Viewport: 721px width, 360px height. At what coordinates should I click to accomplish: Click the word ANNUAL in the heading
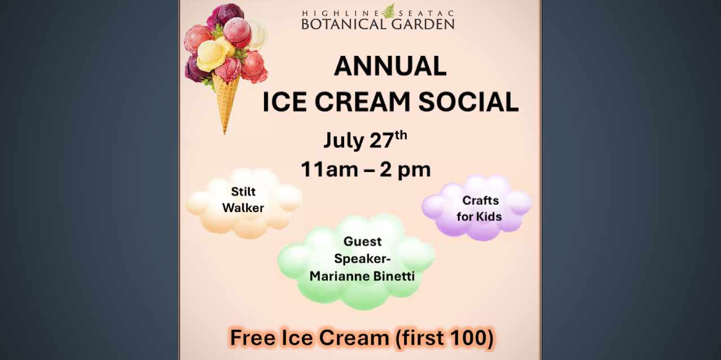click(x=390, y=67)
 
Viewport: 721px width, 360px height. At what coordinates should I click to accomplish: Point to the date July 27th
click(x=364, y=140)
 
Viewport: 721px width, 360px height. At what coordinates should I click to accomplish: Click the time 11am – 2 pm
click(x=366, y=169)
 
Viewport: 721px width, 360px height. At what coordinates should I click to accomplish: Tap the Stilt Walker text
click(x=243, y=200)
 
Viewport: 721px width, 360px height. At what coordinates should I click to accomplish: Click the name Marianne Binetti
click(x=366, y=276)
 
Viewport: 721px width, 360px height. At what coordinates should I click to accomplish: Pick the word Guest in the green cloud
click(x=363, y=242)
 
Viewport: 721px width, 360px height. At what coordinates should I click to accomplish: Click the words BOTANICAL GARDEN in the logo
click(x=377, y=24)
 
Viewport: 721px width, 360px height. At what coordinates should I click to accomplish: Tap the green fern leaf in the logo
click(x=389, y=10)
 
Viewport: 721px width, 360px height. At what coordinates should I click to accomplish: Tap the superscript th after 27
click(x=400, y=134)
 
